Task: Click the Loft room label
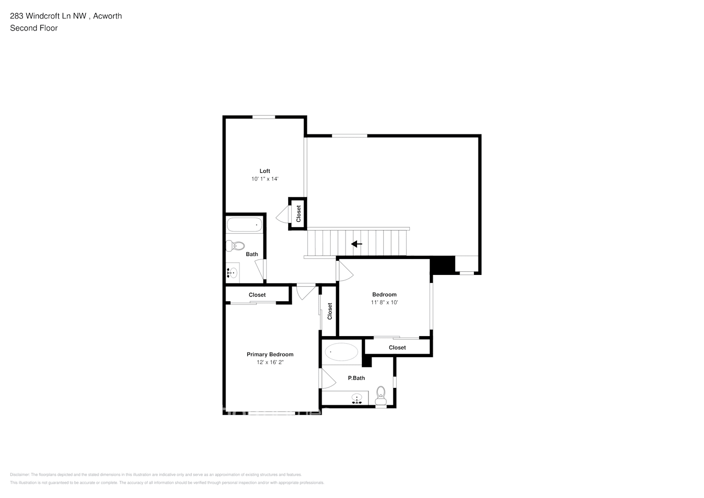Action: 265,171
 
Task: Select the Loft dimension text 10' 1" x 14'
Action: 265,179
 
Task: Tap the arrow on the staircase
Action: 356,244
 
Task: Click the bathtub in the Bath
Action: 244,225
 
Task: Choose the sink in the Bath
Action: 232,272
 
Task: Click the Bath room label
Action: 252,254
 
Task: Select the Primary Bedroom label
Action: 270,355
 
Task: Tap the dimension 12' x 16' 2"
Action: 270,363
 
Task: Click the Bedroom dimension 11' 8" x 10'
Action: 384,302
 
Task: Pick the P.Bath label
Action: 356,378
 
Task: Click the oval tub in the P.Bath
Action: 341,352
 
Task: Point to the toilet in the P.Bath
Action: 381,395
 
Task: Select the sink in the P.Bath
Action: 356,398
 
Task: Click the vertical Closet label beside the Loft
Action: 299,214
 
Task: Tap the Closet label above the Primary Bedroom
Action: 257,295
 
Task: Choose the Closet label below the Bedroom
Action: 397,348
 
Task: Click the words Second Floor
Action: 34,28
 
